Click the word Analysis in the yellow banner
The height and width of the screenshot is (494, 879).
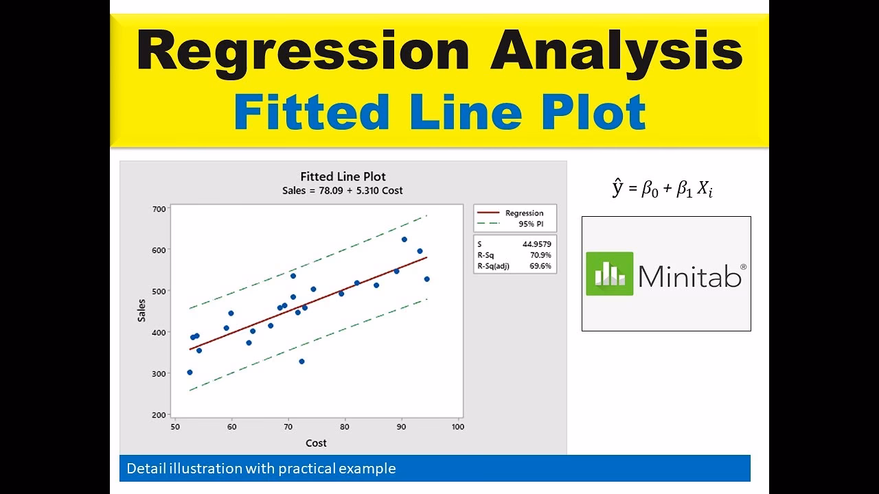[616, 52]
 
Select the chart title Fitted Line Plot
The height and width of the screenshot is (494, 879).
[343, 176]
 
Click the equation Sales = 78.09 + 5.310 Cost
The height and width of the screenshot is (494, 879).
[342, 191]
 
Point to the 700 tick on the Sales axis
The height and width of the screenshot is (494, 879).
[159, 209]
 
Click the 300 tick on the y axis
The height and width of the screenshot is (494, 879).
[159, 373]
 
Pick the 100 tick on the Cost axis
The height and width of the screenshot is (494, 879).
[457, 427]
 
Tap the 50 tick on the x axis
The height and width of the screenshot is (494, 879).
[175, 427]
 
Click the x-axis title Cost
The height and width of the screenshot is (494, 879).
[316, 443]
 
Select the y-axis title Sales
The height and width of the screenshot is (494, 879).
[141, 310]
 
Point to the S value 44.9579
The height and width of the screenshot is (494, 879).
[536, 244]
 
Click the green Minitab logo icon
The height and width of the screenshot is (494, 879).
[609, 274]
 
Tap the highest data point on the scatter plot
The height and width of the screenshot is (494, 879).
[404, 239]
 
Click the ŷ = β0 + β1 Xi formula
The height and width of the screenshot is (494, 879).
[662, 189]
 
